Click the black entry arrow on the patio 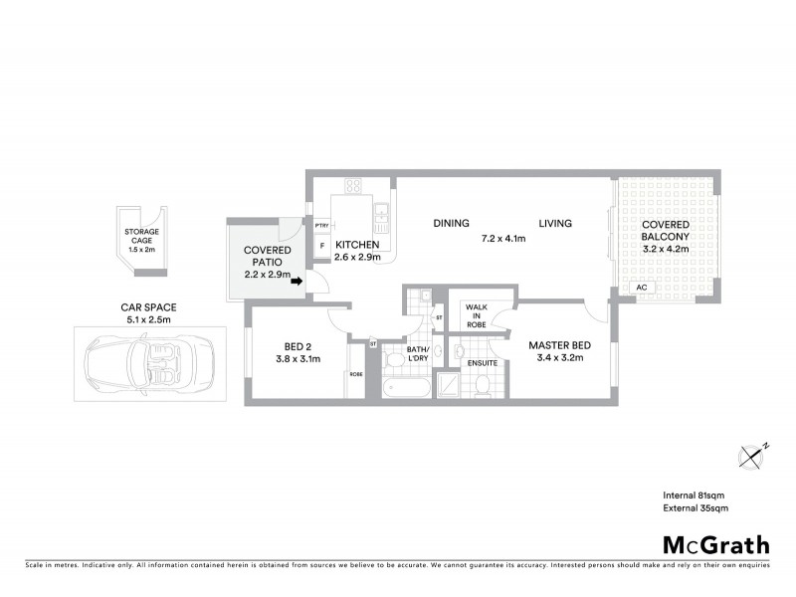tap(297, 282)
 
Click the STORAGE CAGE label tap(140, 236)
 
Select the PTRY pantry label tap(320, 226)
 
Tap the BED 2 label tap(299, 346)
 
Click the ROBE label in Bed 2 tap(355, 375)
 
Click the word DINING tap(451, 224)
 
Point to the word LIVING tap(555, 224)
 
